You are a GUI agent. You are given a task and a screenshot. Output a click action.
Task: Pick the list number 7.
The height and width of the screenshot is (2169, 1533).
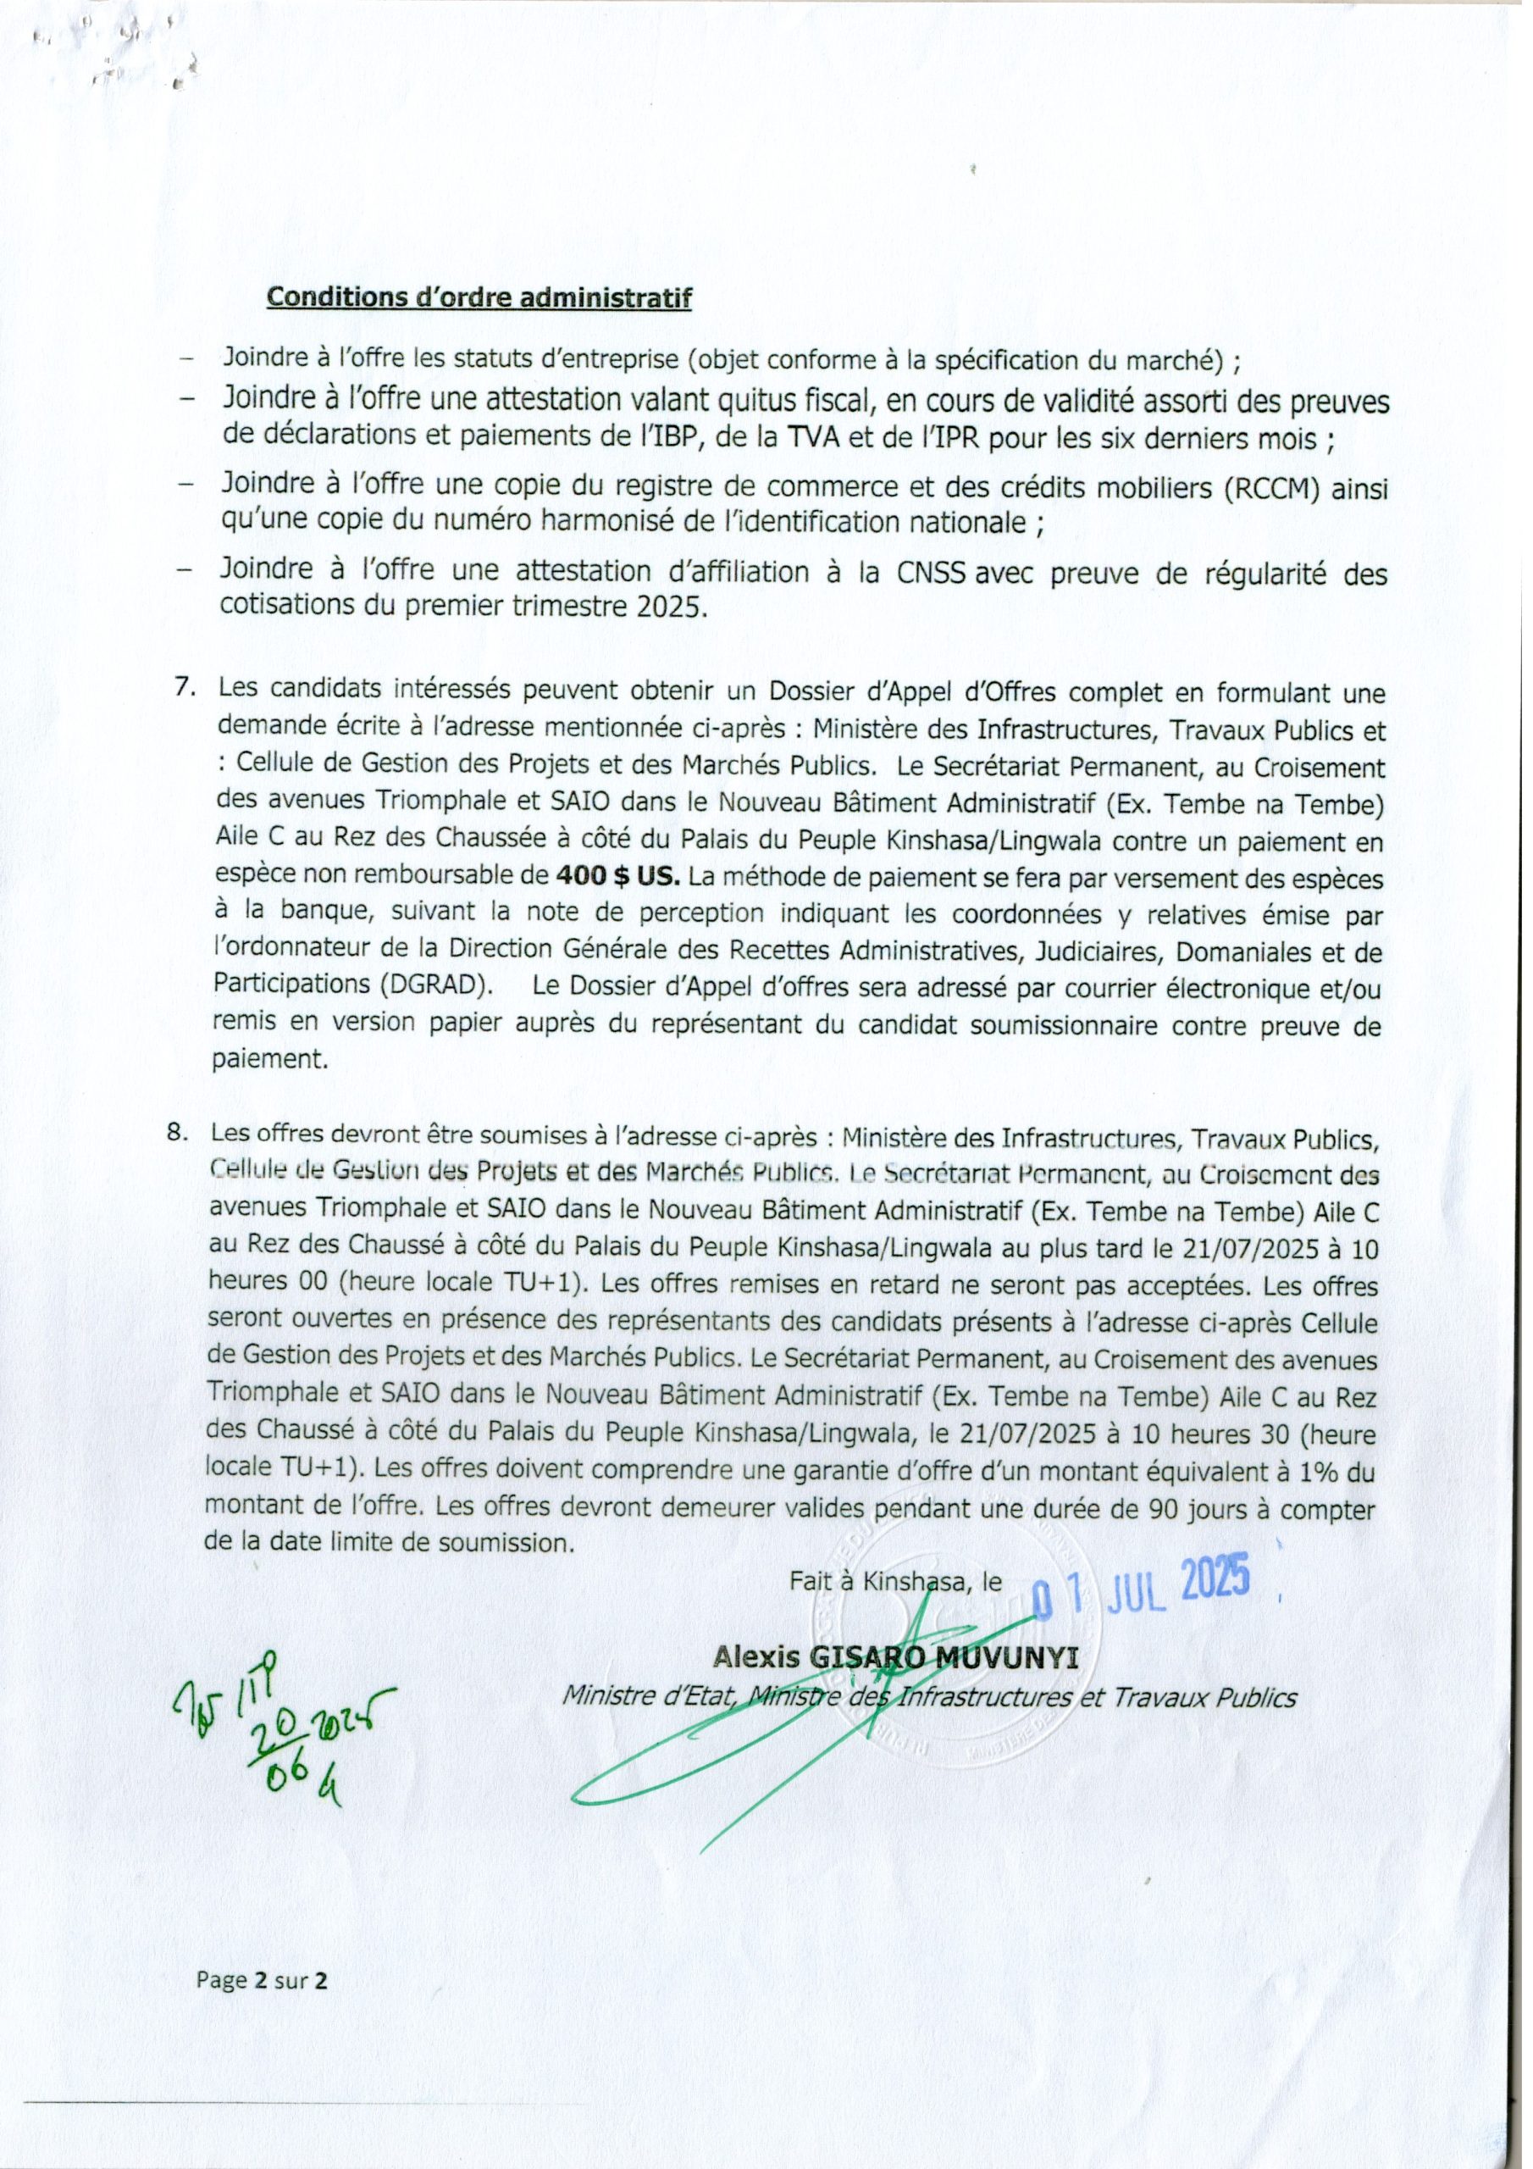(x=185, y=688)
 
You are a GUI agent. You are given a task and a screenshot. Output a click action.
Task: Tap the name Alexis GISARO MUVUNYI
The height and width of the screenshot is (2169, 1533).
(x=895, y=1657)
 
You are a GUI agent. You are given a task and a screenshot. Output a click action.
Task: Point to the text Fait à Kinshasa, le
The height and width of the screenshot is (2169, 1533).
(x=895, y=1581)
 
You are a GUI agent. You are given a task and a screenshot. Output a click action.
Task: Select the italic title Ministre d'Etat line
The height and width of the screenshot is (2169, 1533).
(x=928, y=1698)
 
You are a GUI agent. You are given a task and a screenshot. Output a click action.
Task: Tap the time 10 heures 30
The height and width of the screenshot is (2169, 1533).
(x=1212, y=1436)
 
